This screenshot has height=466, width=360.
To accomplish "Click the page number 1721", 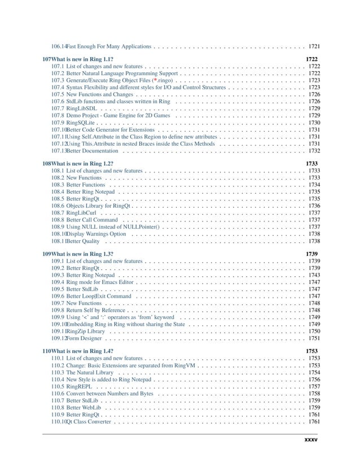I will [314, 45].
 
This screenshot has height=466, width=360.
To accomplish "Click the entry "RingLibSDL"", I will [83, 108].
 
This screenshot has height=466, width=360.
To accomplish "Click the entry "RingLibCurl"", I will [82, 213].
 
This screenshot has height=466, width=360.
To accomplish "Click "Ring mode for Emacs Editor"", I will [100, 282].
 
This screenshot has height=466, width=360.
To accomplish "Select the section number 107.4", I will [57, 87].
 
